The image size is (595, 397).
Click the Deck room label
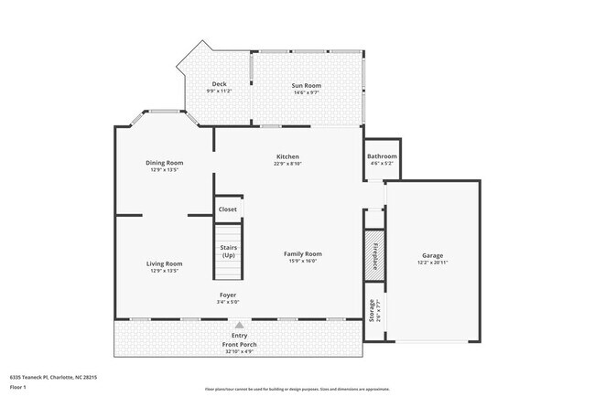(x=219, y=84)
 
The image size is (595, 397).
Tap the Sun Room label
(x=307, y=84)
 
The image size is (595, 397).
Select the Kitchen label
(x=287, y=156)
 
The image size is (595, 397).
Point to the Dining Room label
(x=164, y=163)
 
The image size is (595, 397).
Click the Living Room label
(x=164, y=263)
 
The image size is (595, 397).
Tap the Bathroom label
(x=383, y=156)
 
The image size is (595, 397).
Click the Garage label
(x=432, y=255)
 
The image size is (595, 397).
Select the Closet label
(x=227, y=209)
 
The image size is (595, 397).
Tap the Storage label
(x=372, y=310)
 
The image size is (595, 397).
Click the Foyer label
(x=227, y=295)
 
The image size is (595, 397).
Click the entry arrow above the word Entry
(x=240, y=324)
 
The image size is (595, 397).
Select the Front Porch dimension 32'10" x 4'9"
(x=240, y=351)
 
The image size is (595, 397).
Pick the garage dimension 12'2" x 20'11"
(x=432, y=263)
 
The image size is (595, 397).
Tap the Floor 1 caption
(x=19, y=387)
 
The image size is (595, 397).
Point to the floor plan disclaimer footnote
(x=297, y=389)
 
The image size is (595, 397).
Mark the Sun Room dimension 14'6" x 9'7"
(x=307, y=91)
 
